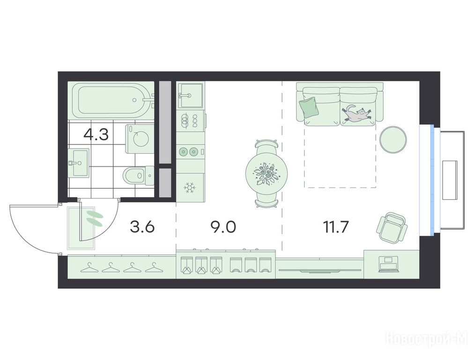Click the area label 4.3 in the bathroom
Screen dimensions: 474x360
96,135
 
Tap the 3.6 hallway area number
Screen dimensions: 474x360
142,226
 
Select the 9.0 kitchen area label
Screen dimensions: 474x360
223,226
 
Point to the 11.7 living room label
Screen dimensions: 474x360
336,226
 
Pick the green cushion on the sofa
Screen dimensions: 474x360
309,107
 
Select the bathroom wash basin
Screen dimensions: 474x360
79,163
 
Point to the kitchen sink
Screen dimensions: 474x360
191,96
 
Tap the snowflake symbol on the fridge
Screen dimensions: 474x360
190,188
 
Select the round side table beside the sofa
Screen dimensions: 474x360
393,139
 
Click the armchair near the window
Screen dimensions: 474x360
392,227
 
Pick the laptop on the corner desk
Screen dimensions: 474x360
388,262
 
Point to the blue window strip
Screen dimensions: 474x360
433,180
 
